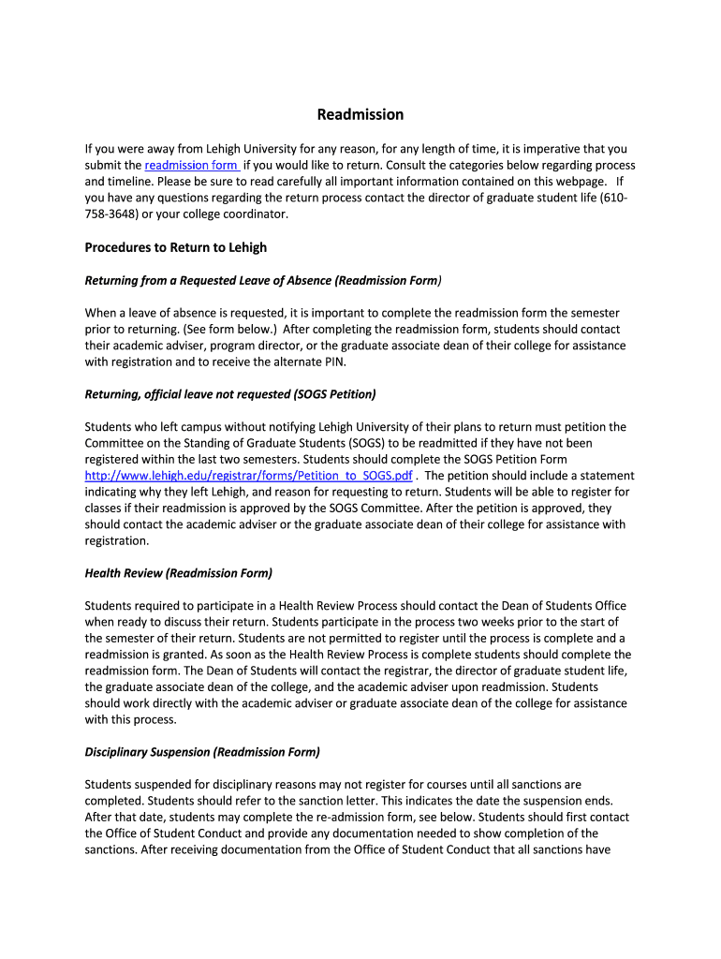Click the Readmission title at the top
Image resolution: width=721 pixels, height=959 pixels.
[360, 114]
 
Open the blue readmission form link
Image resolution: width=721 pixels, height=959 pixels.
[191, 165]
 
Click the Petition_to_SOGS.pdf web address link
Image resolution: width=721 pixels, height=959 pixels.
[248, 475]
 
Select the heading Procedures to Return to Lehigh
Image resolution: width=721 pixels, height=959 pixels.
[176, 247]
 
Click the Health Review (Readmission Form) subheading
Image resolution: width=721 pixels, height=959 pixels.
[179, 572]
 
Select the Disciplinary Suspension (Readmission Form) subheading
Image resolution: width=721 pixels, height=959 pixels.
[202, 751]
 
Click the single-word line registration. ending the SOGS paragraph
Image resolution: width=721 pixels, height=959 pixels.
[117, 540]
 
